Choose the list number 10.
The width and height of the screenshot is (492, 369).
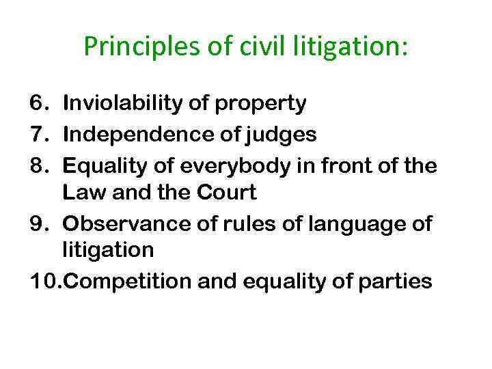click(43, 282)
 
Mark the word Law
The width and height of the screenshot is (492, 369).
click(79, 193)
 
